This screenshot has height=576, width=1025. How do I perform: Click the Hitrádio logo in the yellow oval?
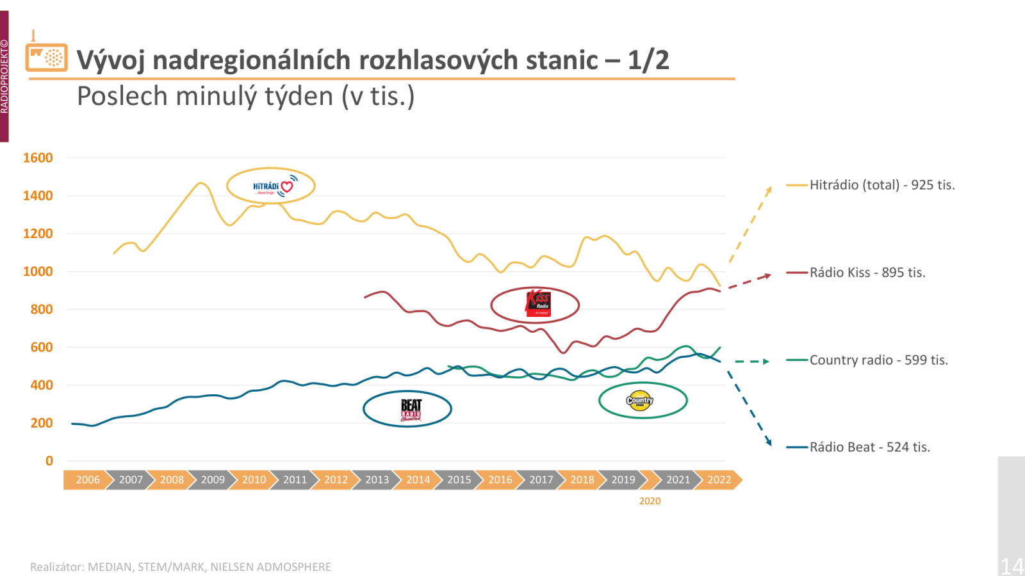272,186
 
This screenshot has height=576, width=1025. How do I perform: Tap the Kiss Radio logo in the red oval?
537,304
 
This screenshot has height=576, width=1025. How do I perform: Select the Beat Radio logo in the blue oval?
411,409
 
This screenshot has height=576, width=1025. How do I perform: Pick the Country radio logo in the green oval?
639,401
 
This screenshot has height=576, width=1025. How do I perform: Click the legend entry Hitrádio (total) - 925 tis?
881,185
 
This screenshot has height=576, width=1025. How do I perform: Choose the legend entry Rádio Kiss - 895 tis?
867,273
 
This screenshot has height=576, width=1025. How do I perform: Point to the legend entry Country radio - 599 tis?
878,360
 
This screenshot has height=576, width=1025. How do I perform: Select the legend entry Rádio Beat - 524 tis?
869,447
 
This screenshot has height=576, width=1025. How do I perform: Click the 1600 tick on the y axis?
38,158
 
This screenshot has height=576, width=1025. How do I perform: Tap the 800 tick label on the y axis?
42,310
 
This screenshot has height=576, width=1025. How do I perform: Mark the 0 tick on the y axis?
49,461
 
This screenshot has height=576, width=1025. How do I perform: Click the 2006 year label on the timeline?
88,480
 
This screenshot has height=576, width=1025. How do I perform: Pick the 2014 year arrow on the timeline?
418,480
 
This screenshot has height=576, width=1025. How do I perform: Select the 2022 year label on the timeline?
719,480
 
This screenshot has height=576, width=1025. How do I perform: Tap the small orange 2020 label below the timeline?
650,501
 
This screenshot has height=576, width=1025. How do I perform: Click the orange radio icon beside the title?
46,56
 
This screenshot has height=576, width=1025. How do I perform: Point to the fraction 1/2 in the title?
648,60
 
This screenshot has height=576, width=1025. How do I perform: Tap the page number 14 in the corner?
1012,566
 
